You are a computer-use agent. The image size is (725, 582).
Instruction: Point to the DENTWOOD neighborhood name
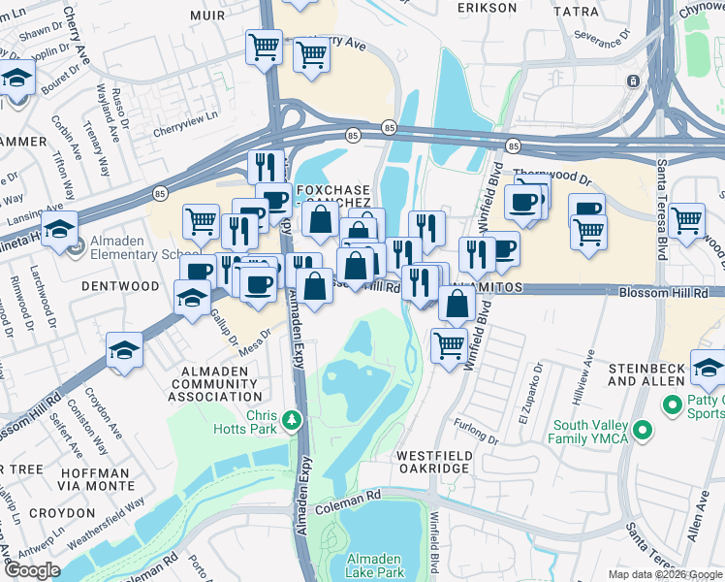[120, 286]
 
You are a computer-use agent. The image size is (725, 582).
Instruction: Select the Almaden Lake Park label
[377, 567]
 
